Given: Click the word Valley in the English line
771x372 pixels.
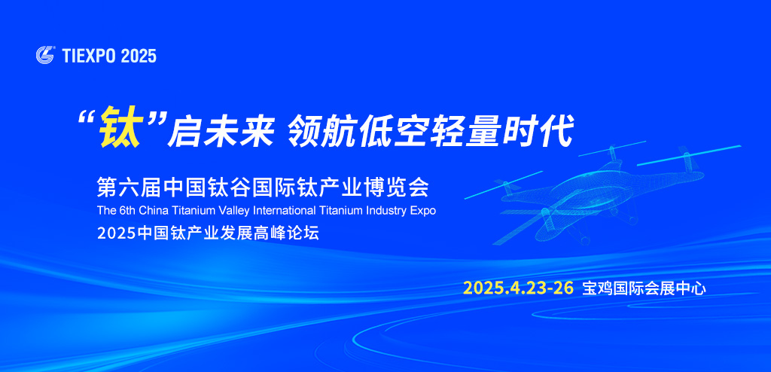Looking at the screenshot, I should pyautogui.click(x=233, y=211).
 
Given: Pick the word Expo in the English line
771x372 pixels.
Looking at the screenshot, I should pyautogui.click(x=422, y=211).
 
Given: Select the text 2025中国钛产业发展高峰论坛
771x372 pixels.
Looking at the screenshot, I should pyautogui.click(x=208, y=233).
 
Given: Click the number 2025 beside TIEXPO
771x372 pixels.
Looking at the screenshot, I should pyautogui.click(x=139, y=55).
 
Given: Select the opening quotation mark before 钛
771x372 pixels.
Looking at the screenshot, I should pyautogui.click(x=88, y=118).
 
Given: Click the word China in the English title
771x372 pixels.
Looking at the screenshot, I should pyautogui.click(x=151, y=211).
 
